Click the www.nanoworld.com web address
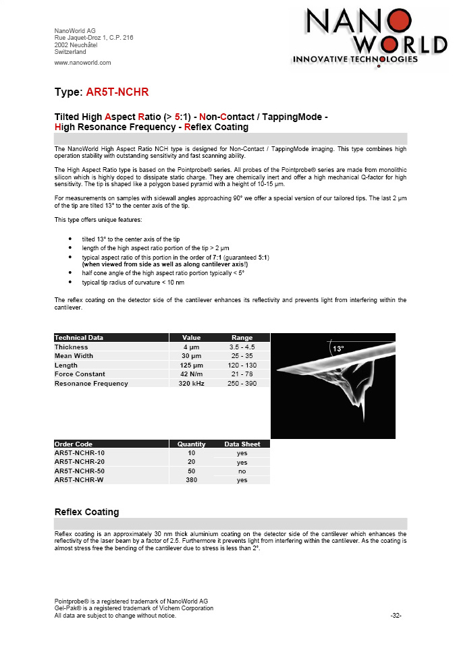click(x=82, y=63)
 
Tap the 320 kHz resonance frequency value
click(x=192, y=384)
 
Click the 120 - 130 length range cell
click(x=242, y=365)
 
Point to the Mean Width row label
click(x=74, y=356)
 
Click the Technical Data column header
click(x=79, y=337)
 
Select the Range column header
click(x=242, y=337)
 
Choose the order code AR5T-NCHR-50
click(x=79, y=471)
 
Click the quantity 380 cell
click(x=192, y=480)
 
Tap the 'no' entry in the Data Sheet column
click(x=242, y=471)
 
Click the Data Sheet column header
click(x=242, y=444)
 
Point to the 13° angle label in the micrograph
click(x=338, y=349)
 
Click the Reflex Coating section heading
click(x=86, y=512)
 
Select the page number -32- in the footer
click(x=396, y=615)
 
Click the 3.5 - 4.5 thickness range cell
click(x=242, y=347)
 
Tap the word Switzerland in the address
click(x=70, y=51)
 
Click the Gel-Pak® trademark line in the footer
click(x=134, y=608)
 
